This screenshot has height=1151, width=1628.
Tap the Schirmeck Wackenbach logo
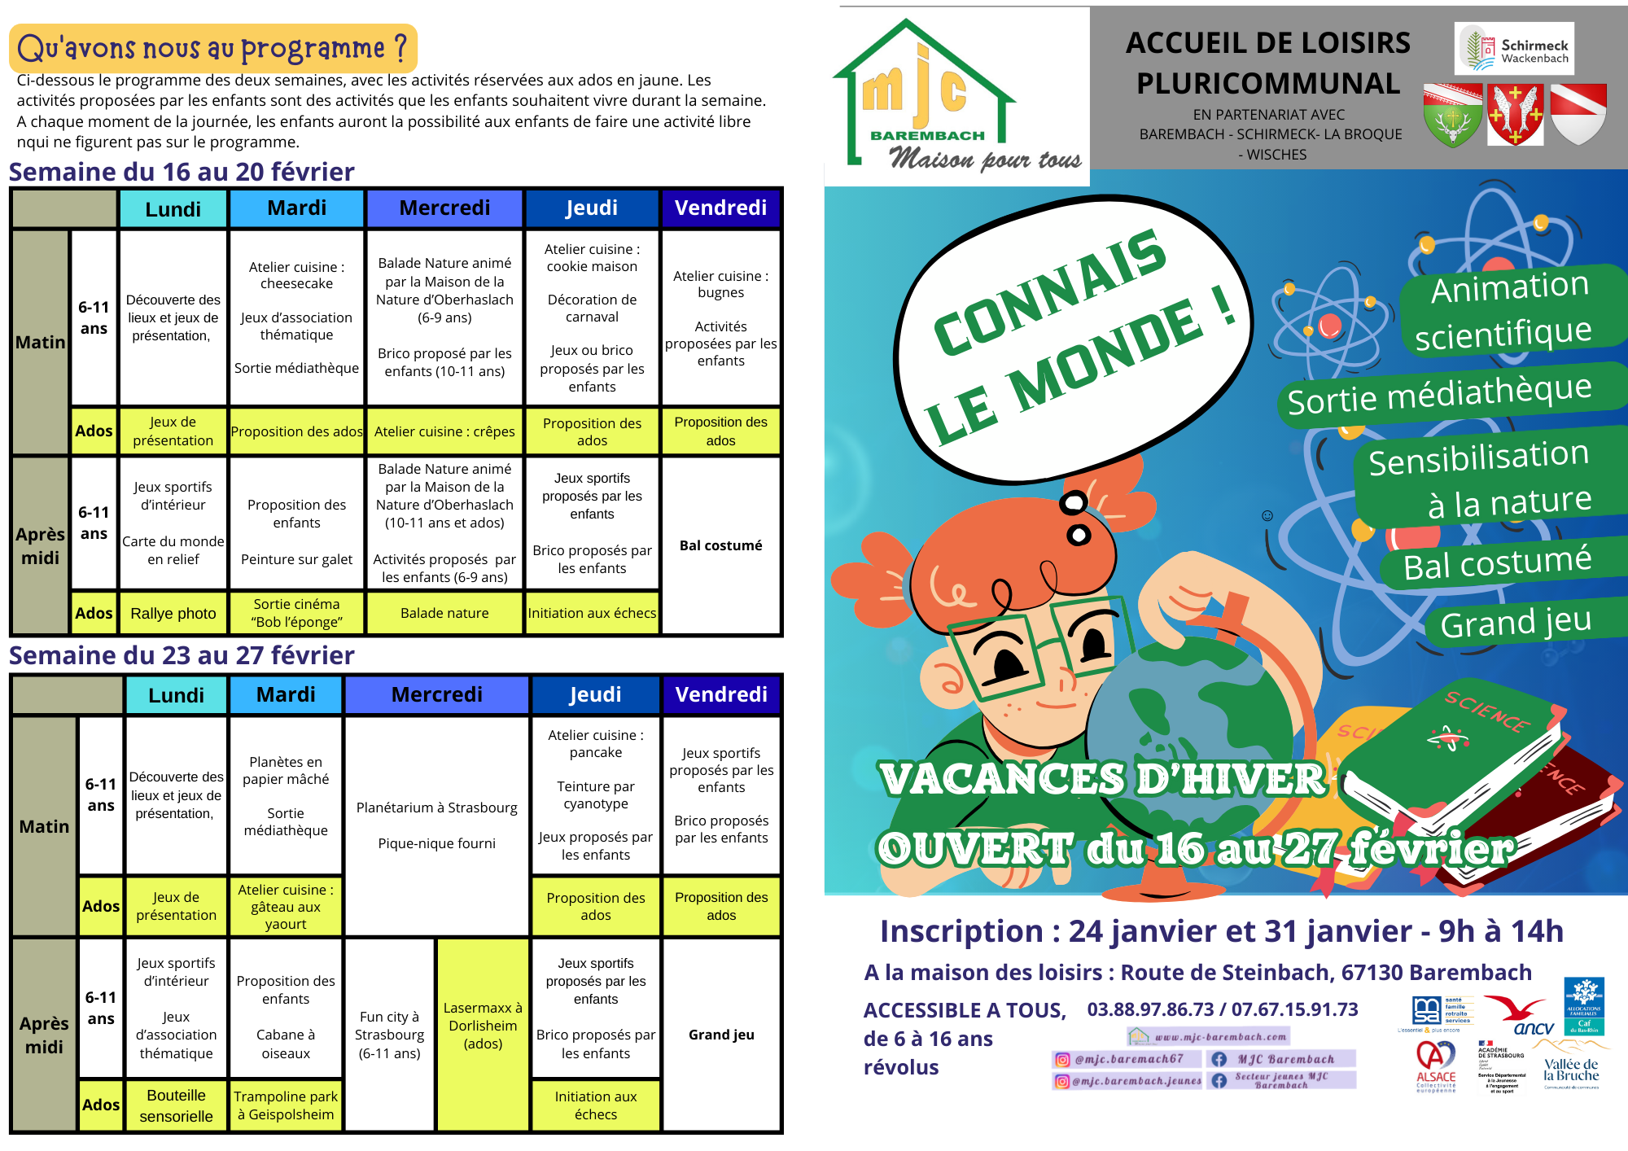(x=1514, y=49)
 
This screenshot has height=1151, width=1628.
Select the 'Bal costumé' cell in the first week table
(x=720, y=545)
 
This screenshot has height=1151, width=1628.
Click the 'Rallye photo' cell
(x=173, y=613)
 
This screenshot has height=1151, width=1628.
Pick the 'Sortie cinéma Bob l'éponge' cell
(x=296, y=613)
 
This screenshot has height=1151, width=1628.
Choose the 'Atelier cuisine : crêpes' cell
(x=444, y=431)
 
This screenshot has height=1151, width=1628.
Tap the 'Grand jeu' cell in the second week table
(x=721, y=1035)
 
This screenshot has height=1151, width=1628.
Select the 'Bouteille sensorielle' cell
(x=176, y=1105)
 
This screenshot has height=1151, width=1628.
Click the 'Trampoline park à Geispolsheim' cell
(x=286, y=1105)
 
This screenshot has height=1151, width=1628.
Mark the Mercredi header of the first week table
(x=444, y=208)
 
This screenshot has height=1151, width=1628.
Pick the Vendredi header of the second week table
(x=721, y=694)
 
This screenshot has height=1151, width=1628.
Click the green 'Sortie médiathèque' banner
(x=1439, y=395)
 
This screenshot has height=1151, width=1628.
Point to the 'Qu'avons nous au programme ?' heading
(x=212, y=48)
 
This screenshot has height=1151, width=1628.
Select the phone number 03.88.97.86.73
(x=1150, y=1009)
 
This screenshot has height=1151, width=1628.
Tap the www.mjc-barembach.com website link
(x=1210, y=1036)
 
